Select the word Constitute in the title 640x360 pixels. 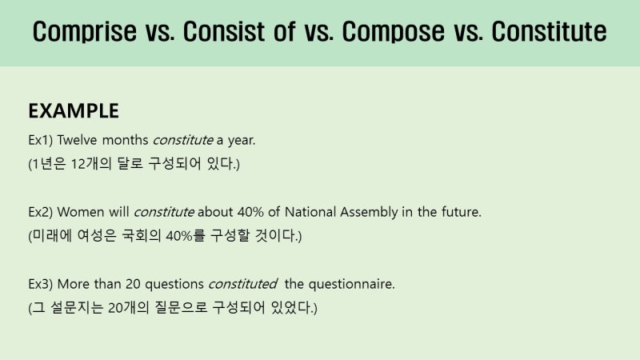pos(548,32)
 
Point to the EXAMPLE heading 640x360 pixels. pos(74,110)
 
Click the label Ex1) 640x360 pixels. pos(40,140)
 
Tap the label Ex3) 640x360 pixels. pos(40,284)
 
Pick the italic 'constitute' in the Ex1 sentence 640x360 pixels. pos(182,140)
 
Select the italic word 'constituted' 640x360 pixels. pos(242,284)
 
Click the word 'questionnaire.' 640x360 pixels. pos(351,284)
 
